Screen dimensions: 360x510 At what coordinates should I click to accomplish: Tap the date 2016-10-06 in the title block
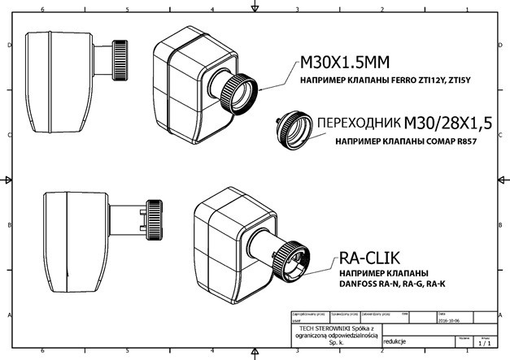pos(453,320)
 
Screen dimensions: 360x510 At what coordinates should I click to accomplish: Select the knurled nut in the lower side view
pos(153,219)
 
